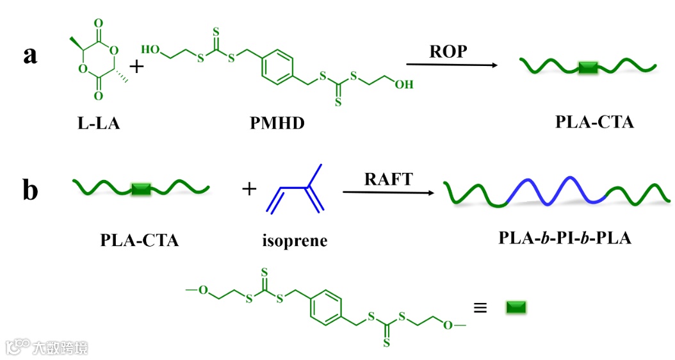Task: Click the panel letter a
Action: coord(30,55)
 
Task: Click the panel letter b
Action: coord(30,190)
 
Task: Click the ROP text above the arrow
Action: coord(448,52)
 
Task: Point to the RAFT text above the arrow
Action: coord(389,179)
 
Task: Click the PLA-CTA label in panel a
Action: coord(594,122)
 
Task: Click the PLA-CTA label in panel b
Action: coord(140,241)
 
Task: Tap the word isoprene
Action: coord(295,241)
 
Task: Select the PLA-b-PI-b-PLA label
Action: coord(565,238)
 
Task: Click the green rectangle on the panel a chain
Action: coord(587,67)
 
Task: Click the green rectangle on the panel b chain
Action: coord(141,188)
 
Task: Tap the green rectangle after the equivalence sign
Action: coord(516,308)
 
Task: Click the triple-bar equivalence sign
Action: coord(480,308)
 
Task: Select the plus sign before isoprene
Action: coord(249,189)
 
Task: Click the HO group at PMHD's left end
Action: coord(151,49)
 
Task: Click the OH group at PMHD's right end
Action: coord(403,84)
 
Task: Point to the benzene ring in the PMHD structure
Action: coord(277,67)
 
